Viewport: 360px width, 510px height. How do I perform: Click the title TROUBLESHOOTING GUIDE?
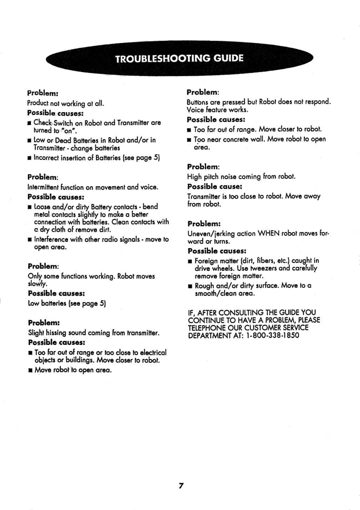coord(179,58)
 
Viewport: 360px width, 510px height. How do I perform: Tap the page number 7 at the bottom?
coord(181,485)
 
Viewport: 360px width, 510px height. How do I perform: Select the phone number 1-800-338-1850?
coord(273,336)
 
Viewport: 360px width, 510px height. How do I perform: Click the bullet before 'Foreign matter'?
coord(190,261)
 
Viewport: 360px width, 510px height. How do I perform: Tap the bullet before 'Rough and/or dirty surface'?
coord(190,286)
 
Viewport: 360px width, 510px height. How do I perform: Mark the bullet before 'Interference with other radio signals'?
coord(30,240)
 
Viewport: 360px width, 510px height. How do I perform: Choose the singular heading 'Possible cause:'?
coord(214,187)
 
